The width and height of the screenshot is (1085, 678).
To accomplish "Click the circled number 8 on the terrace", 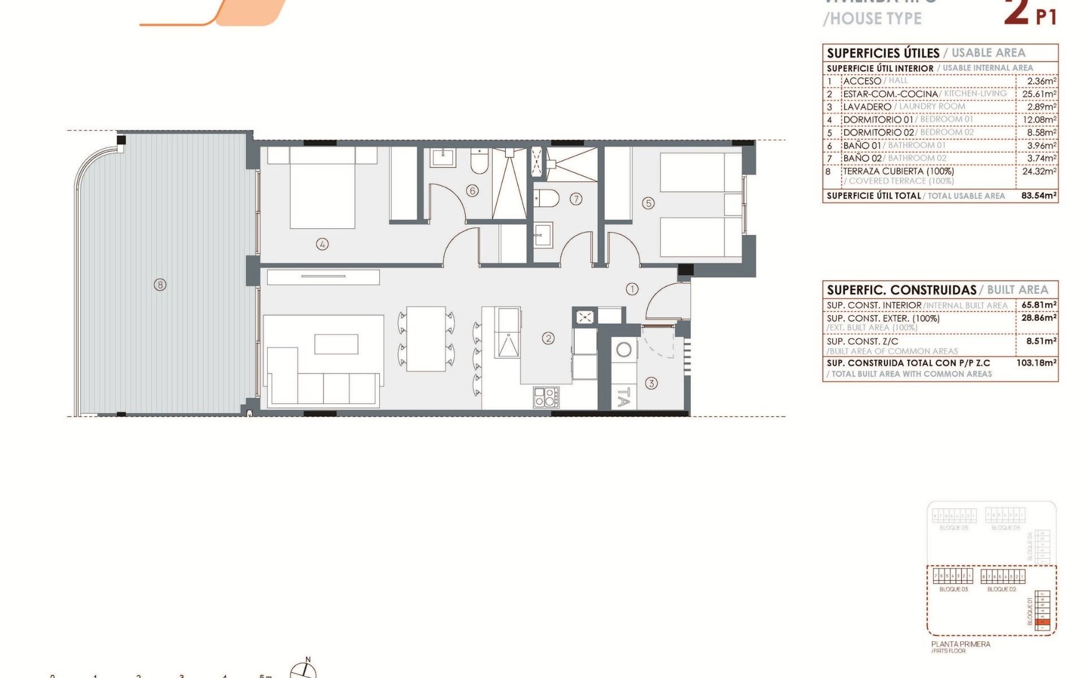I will tap(160, 285).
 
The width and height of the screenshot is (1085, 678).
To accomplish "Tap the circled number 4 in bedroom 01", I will tap(322, 244).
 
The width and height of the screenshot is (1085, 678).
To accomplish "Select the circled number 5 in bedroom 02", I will tap(648, 203).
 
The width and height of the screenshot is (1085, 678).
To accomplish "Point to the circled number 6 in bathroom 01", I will tap(472, 190).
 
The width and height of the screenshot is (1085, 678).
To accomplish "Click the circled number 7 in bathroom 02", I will tap(576, 199).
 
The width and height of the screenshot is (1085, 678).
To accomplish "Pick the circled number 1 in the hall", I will tap(632, 289).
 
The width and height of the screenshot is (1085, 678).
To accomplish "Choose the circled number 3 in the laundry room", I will tap(651, 384).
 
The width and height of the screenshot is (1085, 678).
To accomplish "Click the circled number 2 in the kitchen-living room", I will tap(548, 338).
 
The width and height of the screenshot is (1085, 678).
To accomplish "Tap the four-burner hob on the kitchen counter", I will tap(546, 397).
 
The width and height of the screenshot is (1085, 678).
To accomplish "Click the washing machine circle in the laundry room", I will tap(624, 350).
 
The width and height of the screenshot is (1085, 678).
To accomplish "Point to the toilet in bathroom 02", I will tap(546, 198).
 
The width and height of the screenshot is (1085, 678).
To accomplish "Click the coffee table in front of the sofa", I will tap(336, 344).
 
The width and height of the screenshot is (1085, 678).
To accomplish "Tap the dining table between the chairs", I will tap(426, 338).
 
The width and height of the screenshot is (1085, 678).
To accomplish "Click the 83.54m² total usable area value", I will tap(1039, 195).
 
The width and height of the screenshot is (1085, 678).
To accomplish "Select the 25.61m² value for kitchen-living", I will tap(1039, 94).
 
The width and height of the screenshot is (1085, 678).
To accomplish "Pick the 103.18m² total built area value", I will tap(1036, 363).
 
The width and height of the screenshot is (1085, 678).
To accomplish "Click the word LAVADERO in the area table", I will tap(867, 107).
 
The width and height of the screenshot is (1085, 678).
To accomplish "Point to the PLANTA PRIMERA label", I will tap(961, 644).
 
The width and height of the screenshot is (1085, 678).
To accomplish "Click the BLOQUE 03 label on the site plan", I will tap(953, 589).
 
